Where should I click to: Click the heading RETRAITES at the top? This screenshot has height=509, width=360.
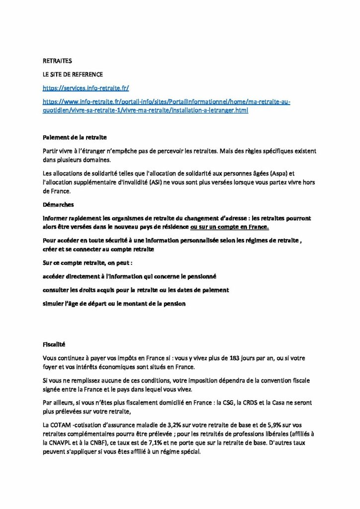coord(57,61)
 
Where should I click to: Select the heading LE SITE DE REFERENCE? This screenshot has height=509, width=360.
coord(73,75)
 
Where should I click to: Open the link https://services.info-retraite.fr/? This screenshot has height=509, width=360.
coord(86,88)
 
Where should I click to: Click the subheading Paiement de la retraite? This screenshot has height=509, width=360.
coord(75,137)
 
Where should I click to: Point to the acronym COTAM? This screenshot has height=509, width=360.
coord(60,425)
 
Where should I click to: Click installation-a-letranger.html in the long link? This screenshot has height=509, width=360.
coord(207,110)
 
